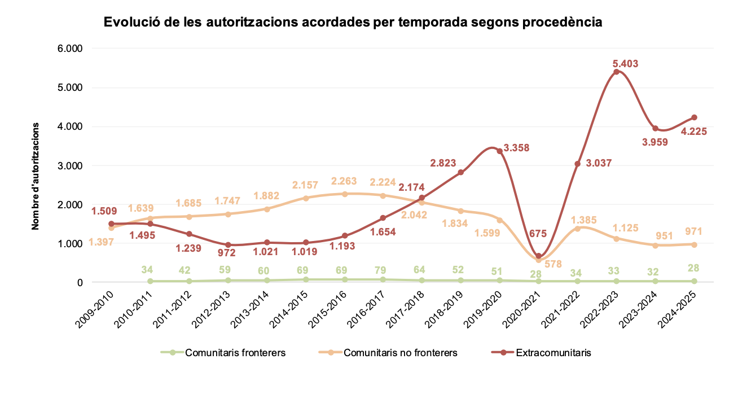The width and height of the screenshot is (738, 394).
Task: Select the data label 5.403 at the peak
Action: [x=625, y=64]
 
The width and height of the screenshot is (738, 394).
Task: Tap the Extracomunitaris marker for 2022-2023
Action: [x=616, y=72]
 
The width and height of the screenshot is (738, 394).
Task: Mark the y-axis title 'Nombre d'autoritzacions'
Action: [x=36, y=176]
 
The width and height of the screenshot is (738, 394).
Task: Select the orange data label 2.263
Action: [x=345, y=181]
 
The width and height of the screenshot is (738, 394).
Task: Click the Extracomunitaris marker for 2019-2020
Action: [x=499, y=151]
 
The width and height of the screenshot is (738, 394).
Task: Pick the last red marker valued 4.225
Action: [x=694, y=117]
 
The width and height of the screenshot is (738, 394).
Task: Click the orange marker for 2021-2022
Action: [x=577, y=229]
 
